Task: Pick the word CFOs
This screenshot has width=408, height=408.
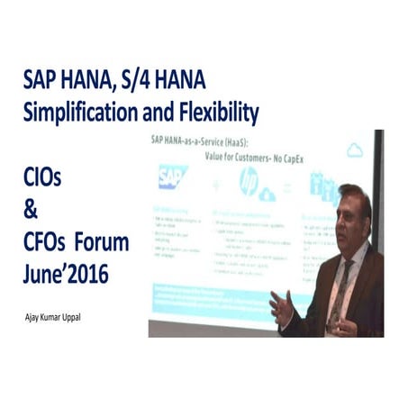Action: tap(47, 243)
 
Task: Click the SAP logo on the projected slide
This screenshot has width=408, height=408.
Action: tap(172, 177)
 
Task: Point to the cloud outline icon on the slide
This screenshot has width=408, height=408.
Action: tap(355, 150)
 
